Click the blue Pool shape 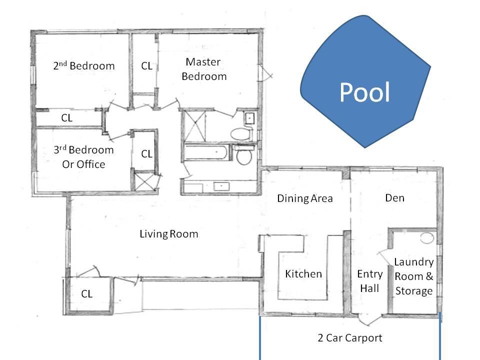click(364, 82)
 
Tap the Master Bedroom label click(204, 69)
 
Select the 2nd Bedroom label click(84, 65)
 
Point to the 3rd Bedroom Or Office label click(83, 157)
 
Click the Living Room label click(168, 234)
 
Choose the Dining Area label click(305, 198)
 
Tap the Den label click(394, 198)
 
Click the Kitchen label click(303, 273)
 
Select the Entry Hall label click(370, 281)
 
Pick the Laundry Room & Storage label click(414, 276)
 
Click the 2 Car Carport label click(350, 337)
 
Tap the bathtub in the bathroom click(205, 152)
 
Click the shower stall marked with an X click(193, 126)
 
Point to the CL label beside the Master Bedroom click(146, 66)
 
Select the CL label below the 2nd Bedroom click(66, 118)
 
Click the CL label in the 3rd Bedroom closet click(146, 153)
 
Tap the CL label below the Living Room click(86, 294)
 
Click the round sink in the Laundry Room click(427, 238)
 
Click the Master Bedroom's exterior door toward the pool click(265, 73)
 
